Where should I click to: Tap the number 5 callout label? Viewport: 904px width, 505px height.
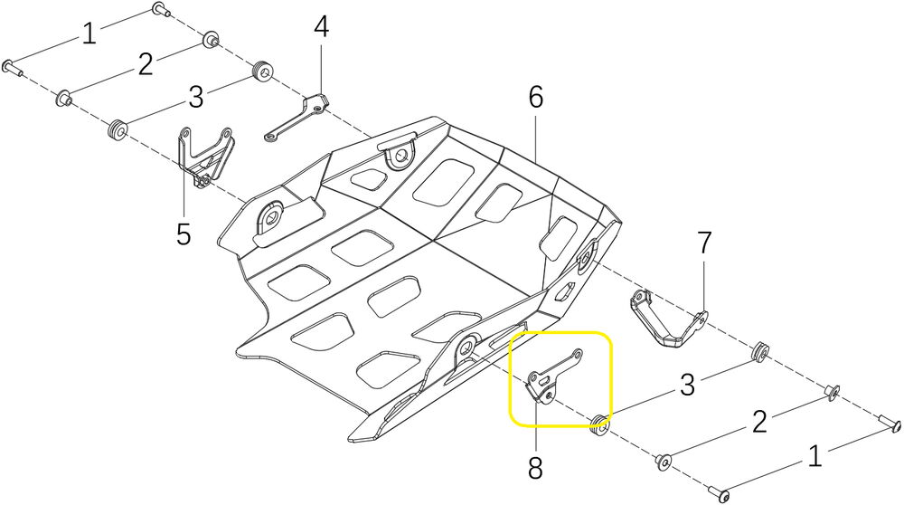[x=184, y=233]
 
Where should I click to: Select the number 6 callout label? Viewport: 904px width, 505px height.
[x=536, y=98]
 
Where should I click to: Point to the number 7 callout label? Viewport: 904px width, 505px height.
[x=704, y=243]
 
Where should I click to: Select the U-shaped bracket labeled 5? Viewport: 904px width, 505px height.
[x=204, y=156]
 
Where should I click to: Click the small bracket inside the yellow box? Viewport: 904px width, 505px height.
[x=551, y=376]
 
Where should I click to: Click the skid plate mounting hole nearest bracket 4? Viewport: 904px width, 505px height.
[x=398, y=157]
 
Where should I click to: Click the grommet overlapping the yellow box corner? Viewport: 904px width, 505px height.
[x=598, y=422]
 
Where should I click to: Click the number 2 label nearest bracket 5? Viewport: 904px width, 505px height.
[x=145, y=65]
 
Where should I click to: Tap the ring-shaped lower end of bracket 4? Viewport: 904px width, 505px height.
[x=270, y=138]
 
